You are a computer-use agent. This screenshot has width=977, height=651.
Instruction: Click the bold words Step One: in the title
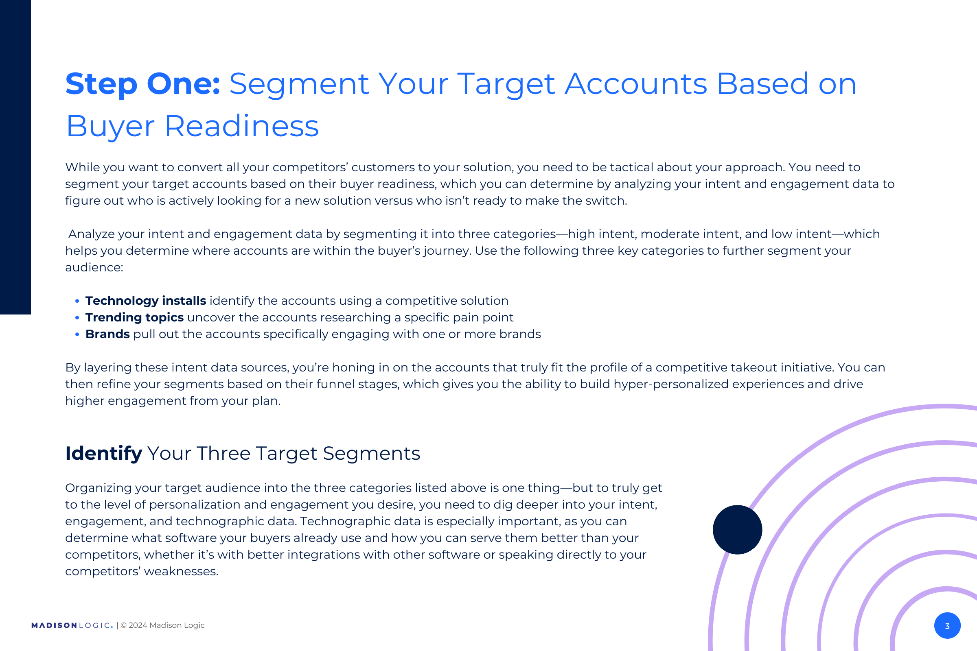142,84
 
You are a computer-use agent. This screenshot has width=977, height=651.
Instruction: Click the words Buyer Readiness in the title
192,127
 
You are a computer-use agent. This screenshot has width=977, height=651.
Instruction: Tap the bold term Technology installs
146,301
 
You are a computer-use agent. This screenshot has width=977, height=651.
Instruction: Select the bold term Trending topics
135,318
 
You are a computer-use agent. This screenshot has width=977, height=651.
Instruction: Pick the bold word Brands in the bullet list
107,334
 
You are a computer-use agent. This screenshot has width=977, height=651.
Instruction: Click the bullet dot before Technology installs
77,301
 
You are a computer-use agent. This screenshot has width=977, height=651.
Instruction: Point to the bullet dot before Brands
77,334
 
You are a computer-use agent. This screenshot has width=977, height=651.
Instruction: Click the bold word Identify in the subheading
104,453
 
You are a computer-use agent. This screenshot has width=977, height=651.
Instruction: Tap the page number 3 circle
948,626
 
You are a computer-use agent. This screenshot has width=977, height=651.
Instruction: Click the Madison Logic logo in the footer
72,626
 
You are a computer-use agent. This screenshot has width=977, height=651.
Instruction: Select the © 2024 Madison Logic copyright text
162,625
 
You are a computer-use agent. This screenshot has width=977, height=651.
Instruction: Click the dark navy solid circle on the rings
737,530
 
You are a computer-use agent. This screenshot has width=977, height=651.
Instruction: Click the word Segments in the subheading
372,454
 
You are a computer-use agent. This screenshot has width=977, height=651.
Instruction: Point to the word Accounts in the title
635,84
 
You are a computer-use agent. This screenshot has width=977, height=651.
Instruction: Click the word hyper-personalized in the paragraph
671,384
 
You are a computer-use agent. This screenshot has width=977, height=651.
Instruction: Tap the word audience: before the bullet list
94,268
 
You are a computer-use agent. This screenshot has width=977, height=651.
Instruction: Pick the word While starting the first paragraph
82,167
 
